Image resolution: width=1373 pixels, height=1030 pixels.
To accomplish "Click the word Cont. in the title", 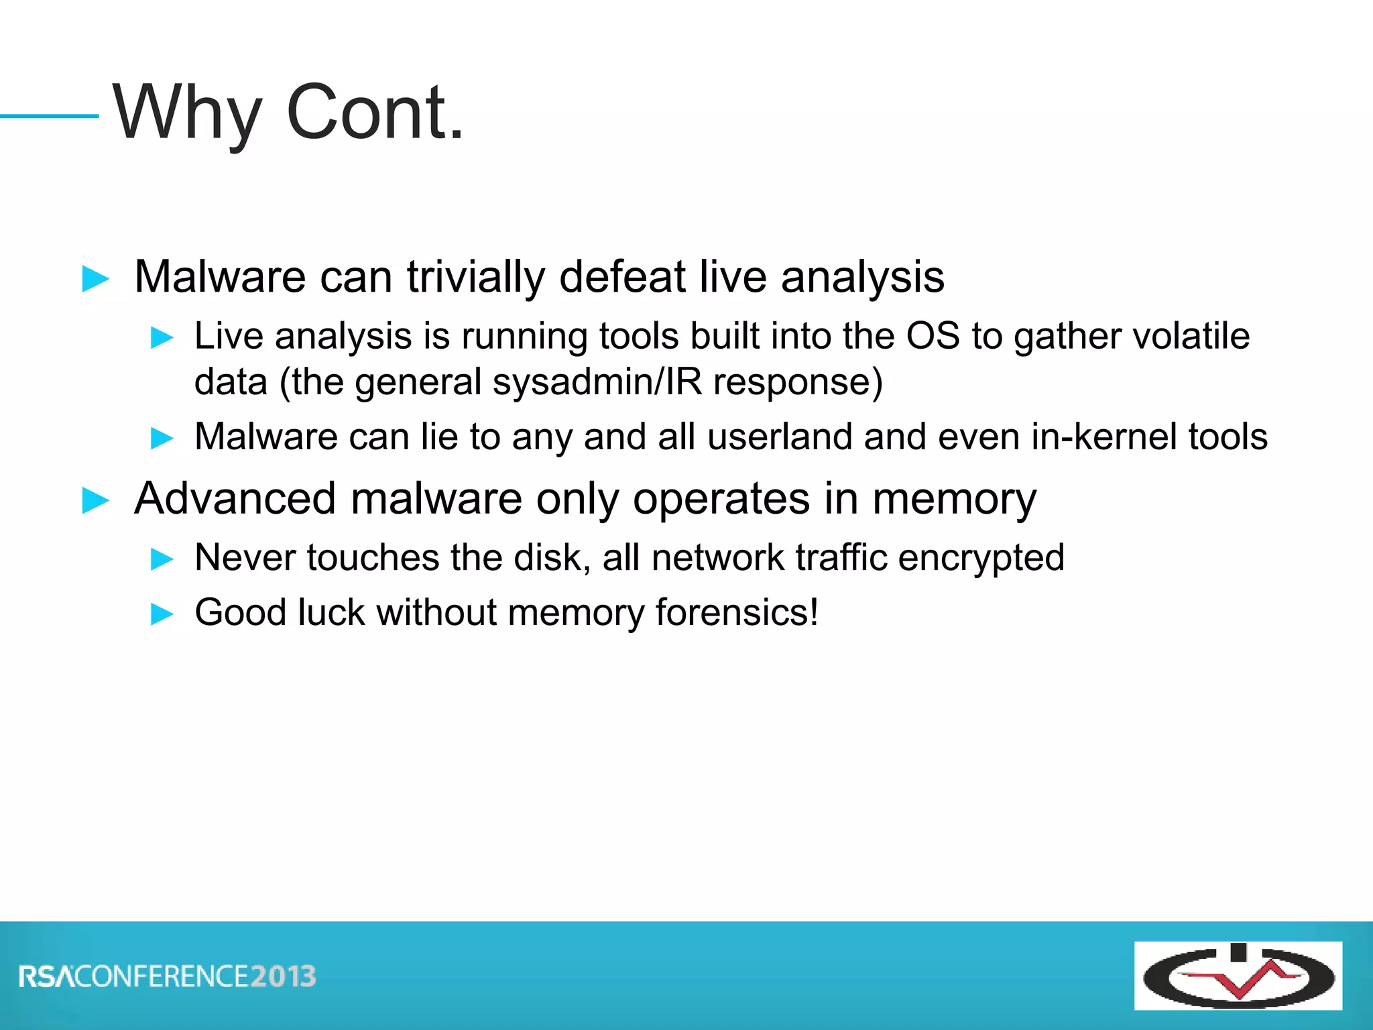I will (x=374, y=113).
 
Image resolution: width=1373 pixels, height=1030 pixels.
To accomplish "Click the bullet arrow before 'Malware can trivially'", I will (x=95, y=278).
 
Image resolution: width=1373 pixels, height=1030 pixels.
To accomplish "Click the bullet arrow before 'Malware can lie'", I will (x=162, y=439).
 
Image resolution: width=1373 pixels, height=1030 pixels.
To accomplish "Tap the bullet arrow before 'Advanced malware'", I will (x=95, y=500).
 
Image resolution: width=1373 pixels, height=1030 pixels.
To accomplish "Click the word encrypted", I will (x=981, y=559).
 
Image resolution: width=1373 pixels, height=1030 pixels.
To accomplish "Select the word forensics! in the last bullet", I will (x=737, y=612).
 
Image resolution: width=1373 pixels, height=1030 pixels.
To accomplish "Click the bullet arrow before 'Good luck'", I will (x=162, y=614).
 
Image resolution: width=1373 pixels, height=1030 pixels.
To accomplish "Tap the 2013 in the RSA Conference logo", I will (x=283, y=976).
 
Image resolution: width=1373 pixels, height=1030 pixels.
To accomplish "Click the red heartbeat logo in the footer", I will (x=1238, y=976).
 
